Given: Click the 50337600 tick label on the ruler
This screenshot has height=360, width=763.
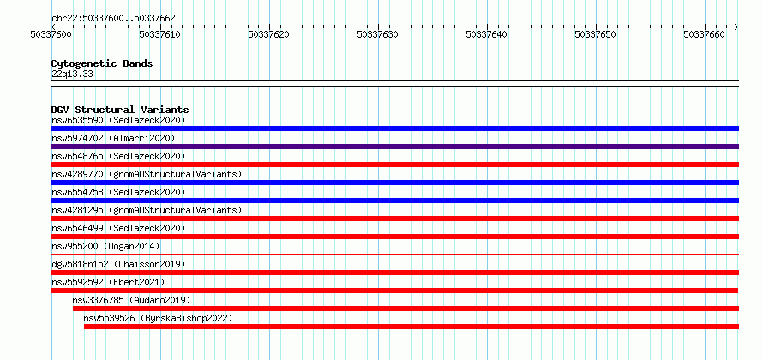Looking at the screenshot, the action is coord(51,34).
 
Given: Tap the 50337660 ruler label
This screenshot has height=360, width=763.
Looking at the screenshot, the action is coord(704,34).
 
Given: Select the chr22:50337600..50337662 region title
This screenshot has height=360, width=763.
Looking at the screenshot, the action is coord(113,19).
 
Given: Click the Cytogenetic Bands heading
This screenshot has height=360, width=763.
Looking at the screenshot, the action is coord(102,63).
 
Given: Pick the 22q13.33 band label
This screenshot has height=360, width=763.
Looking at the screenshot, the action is coord(72,75).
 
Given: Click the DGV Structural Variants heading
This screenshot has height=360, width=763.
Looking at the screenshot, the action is coord(120,110).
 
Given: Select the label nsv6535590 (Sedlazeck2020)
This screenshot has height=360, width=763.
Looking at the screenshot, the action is coord(118,120).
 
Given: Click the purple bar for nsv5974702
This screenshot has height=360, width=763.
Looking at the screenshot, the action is coord(394,147).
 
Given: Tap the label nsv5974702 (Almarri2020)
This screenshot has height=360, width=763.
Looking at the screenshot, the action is coord(113,138).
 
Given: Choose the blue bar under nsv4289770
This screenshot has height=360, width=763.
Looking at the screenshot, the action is coord(394,183).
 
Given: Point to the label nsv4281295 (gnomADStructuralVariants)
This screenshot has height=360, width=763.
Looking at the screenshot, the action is coord(147,210).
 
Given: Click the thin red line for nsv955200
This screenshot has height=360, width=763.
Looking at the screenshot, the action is coord(394,254).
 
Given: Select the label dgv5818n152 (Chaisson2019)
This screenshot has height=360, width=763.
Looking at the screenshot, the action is coord(118,264).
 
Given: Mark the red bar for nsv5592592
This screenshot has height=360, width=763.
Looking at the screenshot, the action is coord(394,291).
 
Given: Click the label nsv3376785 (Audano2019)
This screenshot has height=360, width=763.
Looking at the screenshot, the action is coord(131,300).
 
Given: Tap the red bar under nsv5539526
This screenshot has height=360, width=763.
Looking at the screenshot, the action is coord(412,327).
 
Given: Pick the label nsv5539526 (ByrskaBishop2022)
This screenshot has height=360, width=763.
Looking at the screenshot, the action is coord(158,318).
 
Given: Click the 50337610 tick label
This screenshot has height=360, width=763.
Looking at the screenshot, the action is coord(160,34).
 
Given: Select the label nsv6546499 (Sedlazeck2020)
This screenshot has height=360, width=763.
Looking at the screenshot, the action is coord(118,228).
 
